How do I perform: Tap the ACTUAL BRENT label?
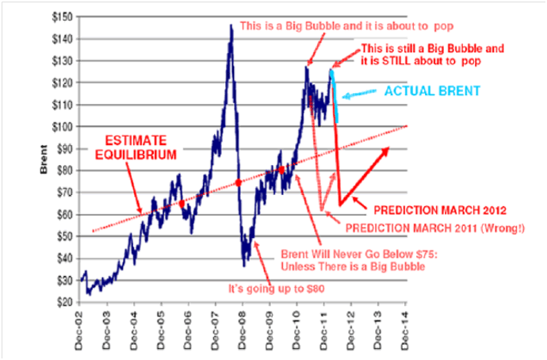432,91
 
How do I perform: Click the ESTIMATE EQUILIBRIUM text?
140,149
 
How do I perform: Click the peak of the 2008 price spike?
231,25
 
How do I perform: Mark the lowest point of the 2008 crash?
245,265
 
